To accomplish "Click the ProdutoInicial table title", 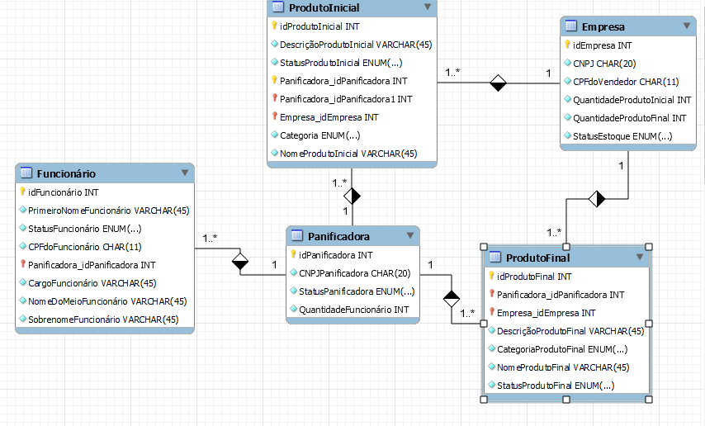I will [x=324, y=7].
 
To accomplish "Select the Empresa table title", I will [x=603, y=26].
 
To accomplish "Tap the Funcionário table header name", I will [x=65, y=173].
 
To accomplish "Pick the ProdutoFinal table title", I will [x=537, y=258].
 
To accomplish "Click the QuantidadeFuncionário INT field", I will [x=352, y=310].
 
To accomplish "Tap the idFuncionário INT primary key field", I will [x=64, y=192].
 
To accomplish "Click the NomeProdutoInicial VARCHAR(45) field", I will [x=348, y=154].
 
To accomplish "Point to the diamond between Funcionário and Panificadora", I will [x=240, y=263].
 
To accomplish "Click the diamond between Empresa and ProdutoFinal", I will [x=596, y=198].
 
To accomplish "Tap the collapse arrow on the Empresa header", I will [x=688, y=26].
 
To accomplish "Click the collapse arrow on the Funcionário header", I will [x=185, y=173].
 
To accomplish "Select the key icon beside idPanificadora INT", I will [x=293, y=255].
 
